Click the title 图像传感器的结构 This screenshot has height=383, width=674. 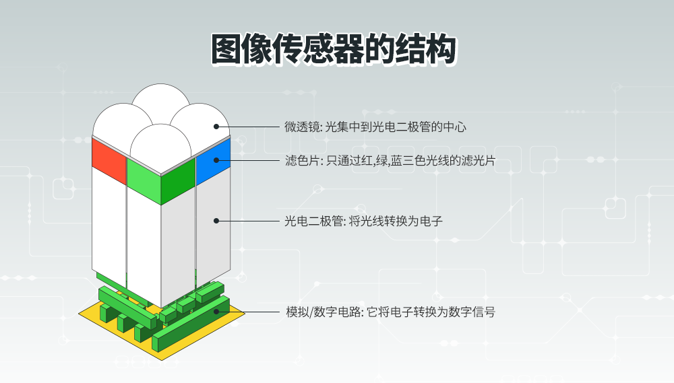(x=334, y=49)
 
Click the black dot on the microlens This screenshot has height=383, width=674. (x=216, y=127)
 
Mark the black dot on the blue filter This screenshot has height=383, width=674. (x=216, y=160)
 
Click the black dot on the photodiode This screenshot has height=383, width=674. (x=216, y=221)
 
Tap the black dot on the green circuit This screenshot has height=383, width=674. (x=216, y=312)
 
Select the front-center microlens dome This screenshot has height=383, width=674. (x=161, y=146)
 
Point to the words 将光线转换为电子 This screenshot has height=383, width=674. (x=396, y=221)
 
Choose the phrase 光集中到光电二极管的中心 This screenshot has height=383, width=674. (x=396, y=127)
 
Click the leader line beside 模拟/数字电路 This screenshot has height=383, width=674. (x=248, y=312)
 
